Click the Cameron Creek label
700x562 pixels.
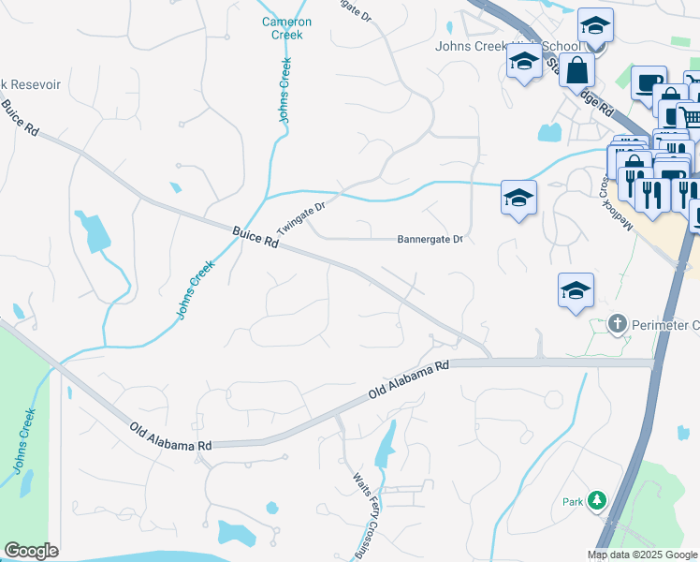tap(282, 28)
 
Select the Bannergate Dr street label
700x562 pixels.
tap(430, 240)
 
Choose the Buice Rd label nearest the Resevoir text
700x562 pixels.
tap(19, 119)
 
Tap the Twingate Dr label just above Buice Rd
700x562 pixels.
tap(300, 218)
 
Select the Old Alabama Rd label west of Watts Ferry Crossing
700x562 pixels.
tap(172, 438)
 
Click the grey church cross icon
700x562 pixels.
tap(618, 324)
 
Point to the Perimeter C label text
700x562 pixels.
tap(664, 325)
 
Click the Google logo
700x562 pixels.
tap(32, 551)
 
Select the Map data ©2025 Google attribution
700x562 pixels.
tap(643, 555)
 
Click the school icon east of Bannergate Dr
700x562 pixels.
tap(518, 198)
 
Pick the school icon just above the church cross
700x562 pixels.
tap(576, 290)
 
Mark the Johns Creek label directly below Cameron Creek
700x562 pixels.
tap(284, 90)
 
